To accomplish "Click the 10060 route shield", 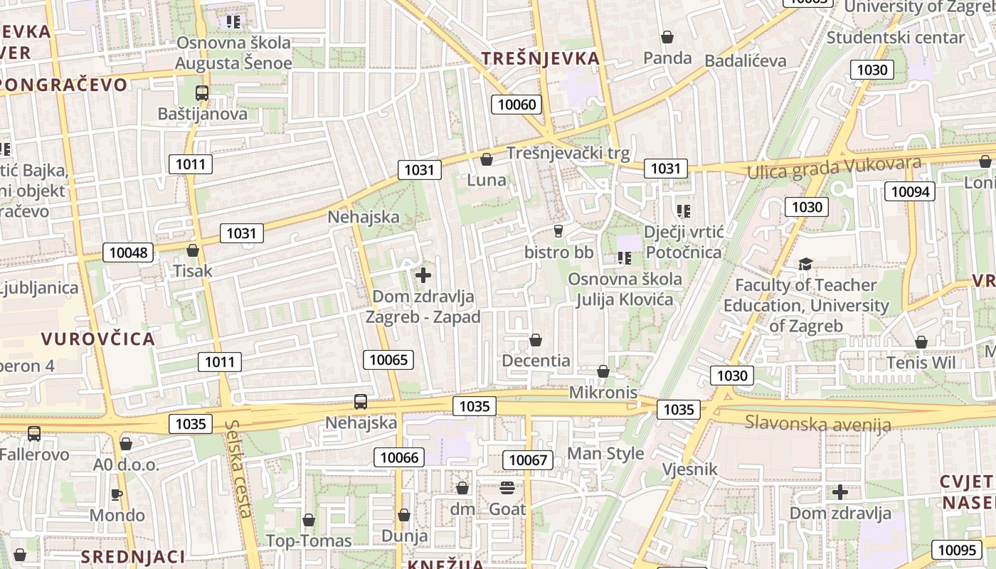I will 516,105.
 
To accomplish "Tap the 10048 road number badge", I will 129,252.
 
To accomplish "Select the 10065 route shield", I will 389,360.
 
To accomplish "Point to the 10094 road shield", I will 910,191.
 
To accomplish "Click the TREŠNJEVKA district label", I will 541,58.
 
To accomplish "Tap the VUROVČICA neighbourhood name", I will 98,339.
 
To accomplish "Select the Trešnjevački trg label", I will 568,153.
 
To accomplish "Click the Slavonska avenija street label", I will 817,424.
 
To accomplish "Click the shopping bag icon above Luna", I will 487,159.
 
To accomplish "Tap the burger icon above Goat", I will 507,487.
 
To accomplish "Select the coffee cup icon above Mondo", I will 117,494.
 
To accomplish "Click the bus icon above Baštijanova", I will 202,92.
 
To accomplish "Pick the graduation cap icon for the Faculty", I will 805,265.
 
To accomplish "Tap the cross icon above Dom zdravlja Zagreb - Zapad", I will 423,275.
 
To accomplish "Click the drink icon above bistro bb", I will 558,230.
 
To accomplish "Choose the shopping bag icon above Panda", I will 667,37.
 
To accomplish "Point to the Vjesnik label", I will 690,469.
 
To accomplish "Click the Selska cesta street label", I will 239,469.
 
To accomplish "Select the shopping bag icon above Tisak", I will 192,250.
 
